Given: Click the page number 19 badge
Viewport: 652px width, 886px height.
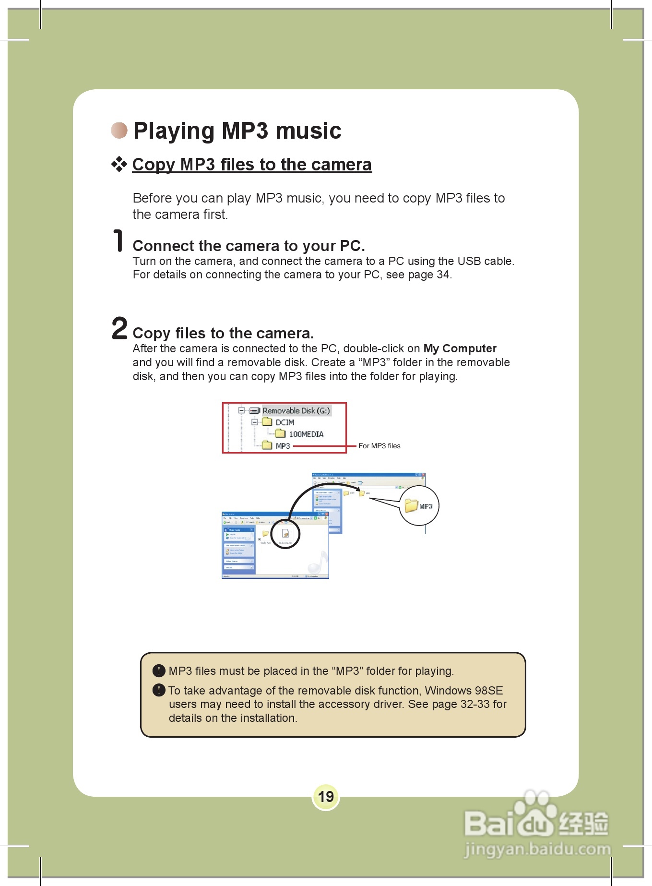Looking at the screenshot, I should tap(326, 797).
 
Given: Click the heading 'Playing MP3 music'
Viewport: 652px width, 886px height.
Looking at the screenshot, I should tap(237, 131).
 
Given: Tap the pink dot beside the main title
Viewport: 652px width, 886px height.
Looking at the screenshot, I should tap(119, 130).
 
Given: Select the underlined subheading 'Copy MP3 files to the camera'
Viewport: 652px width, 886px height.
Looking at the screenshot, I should tap(252, 165).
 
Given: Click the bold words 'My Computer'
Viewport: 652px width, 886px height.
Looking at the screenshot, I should tap(460, 348).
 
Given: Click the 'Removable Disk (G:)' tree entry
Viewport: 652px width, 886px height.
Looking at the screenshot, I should tap(296, 410).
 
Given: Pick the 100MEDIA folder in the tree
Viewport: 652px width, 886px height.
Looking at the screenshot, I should tap(305, 434).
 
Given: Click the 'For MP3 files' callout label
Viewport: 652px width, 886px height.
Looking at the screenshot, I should tap(379, 446).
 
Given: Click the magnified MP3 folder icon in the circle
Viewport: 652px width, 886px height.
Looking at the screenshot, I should tap(412, 505).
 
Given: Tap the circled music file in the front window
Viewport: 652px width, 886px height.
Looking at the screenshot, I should tap(285, 534).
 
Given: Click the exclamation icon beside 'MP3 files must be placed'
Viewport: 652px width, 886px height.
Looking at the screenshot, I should tap(159, 670).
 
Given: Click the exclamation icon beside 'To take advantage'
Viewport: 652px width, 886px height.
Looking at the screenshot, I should tap(159, 690).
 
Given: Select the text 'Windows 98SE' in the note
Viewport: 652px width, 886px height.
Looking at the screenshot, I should tap(463, 691).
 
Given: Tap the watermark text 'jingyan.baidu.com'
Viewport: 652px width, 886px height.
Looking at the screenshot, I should tap(537, 849).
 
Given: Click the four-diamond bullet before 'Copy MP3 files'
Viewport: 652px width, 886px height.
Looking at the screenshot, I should tap(119, 165).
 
